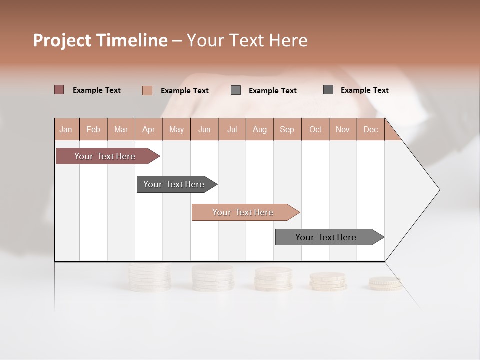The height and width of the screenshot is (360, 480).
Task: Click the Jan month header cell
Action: pos(66,129)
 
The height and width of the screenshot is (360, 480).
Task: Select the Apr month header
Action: pos(149,129)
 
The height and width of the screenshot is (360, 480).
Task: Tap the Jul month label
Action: pos(232,129)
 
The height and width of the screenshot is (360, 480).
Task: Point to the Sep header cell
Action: pos(287,129)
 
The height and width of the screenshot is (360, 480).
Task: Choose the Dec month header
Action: pos(370,129)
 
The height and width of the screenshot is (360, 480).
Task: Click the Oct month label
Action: pos(315,129)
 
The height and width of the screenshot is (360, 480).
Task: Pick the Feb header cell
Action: pos(93,129)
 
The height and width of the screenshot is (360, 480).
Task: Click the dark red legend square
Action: pos(59,90)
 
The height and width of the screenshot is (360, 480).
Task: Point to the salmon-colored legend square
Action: pos(147,90)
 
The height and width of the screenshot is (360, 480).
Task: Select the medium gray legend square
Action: pos(236,90)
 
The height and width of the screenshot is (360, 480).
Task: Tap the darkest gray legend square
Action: pos(328,90)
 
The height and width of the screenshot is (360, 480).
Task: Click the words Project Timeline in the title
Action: pos(100,40)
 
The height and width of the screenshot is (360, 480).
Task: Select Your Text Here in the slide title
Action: pos(247,40)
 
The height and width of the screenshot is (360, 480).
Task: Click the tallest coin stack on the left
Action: pos(149,278)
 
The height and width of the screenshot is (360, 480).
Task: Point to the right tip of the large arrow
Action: pos(438,190)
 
